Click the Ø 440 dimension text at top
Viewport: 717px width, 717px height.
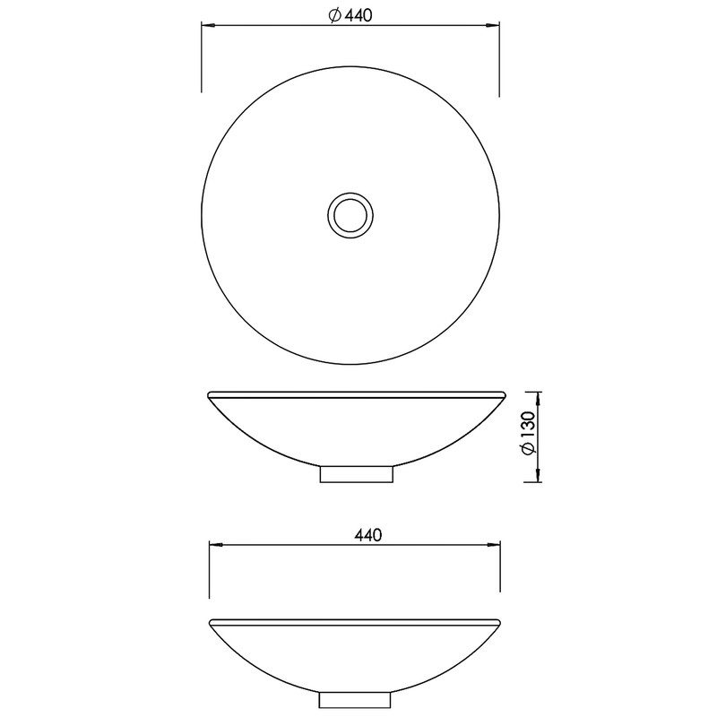point(350,15)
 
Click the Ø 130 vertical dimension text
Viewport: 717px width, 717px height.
point(527,433)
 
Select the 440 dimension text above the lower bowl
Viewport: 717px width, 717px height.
point(368,534)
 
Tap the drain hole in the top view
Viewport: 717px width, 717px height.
point(350,215)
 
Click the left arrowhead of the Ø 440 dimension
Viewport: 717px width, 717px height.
point(209,26)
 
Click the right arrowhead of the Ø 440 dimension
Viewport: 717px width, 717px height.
point(492,26)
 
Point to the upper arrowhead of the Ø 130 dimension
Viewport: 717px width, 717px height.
point(539,399)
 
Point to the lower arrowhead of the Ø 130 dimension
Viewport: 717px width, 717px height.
point(539,475)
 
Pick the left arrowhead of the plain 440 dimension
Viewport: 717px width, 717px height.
point(216,545)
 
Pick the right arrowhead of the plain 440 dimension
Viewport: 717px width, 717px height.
point(494,545)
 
